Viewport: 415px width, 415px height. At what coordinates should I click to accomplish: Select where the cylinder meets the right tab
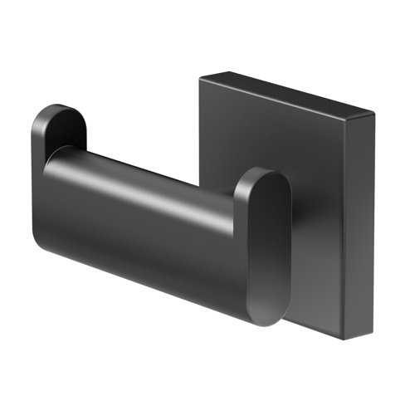[237, 241]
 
